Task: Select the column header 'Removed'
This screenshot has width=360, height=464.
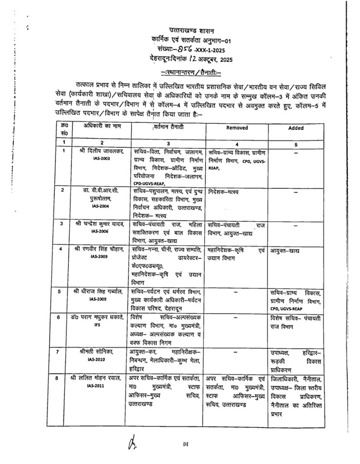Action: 237,128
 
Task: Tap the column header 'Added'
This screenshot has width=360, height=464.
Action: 296,128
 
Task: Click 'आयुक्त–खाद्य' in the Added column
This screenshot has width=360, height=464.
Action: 286,251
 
